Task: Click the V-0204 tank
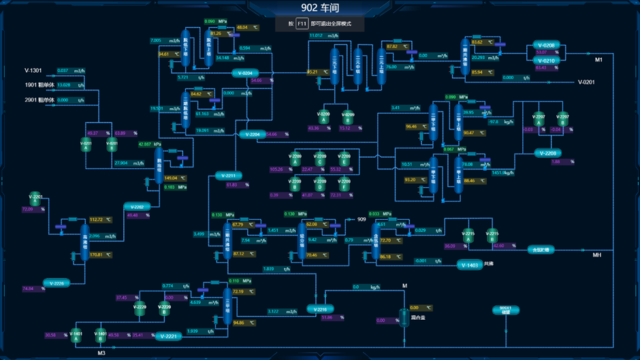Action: pos(245,73)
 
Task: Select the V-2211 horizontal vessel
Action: pos(228,176)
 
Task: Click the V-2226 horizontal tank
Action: pos(57,283)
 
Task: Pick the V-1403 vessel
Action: pos(469,265)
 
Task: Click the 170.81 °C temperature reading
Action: pos(96,255)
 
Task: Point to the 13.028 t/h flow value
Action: pos(64,85)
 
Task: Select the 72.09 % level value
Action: pos(28,210)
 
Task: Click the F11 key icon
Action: pos(302,24)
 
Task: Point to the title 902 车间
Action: pos(319,8)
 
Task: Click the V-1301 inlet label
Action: pos(33,71)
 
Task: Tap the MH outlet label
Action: pos(596,255)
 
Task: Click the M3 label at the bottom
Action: pos(101,353)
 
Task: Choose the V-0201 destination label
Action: pos(586,82)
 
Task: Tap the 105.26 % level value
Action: pos(276,169)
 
